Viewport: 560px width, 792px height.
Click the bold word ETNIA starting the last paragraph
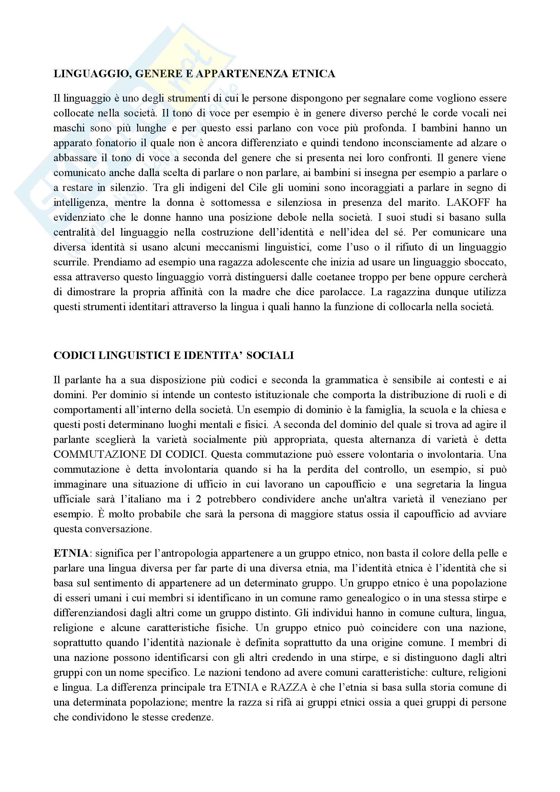71,554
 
